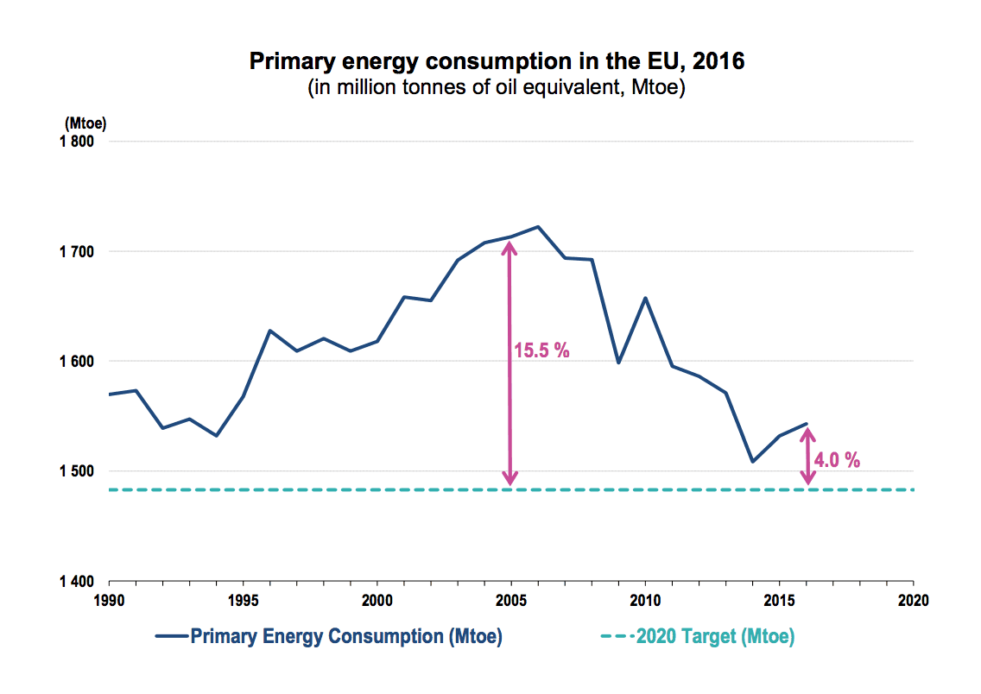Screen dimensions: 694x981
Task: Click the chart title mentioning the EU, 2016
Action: click(497, 62)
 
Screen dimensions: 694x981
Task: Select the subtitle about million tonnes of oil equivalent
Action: click(497, 89)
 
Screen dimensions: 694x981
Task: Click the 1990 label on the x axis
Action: click(109, 599)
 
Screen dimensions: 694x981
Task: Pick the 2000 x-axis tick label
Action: click(377, 599)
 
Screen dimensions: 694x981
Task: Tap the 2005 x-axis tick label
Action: click(511, 599)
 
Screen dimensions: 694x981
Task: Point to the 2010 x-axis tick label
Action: click(645, 599)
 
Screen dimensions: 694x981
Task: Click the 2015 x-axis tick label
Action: click(780, 599)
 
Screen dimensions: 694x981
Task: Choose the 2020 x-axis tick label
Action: click(913, 599)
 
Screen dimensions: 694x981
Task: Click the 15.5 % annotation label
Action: click(541, 351)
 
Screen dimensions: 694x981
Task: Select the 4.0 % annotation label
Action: click(837, 460)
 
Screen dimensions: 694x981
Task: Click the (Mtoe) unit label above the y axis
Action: click(85, 123)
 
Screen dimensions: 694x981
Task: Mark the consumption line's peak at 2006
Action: click(538, 227)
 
